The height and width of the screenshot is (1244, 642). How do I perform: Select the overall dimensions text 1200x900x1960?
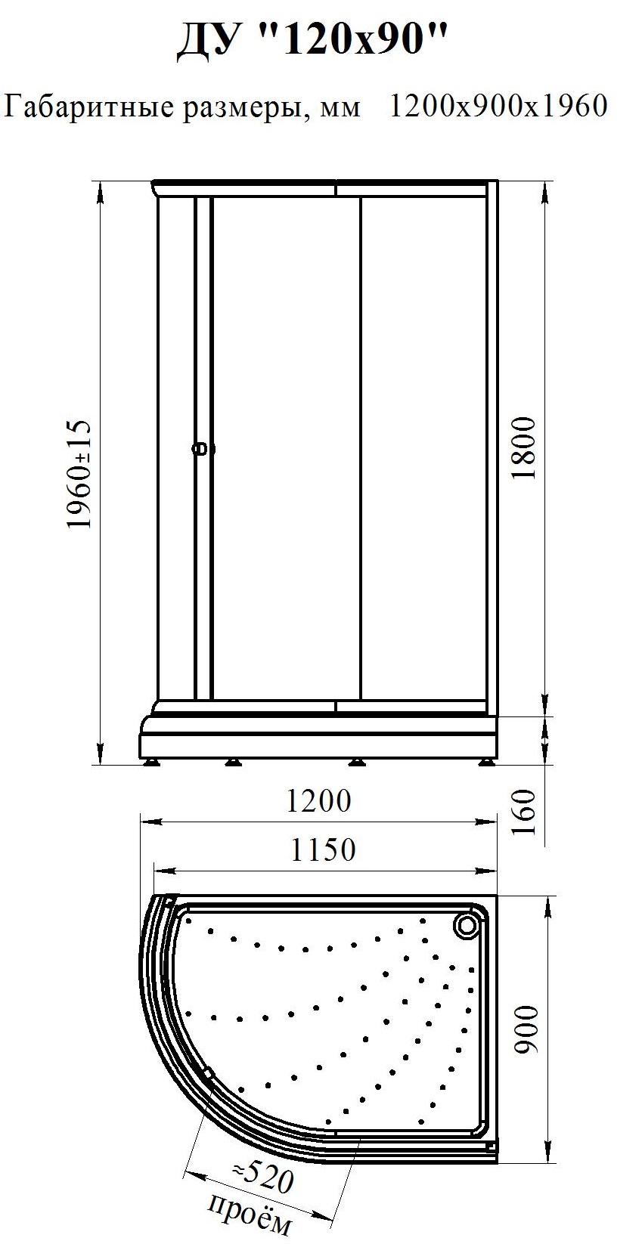[x=498, y=106]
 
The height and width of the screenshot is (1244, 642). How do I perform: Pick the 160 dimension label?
[x=523, y=812]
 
